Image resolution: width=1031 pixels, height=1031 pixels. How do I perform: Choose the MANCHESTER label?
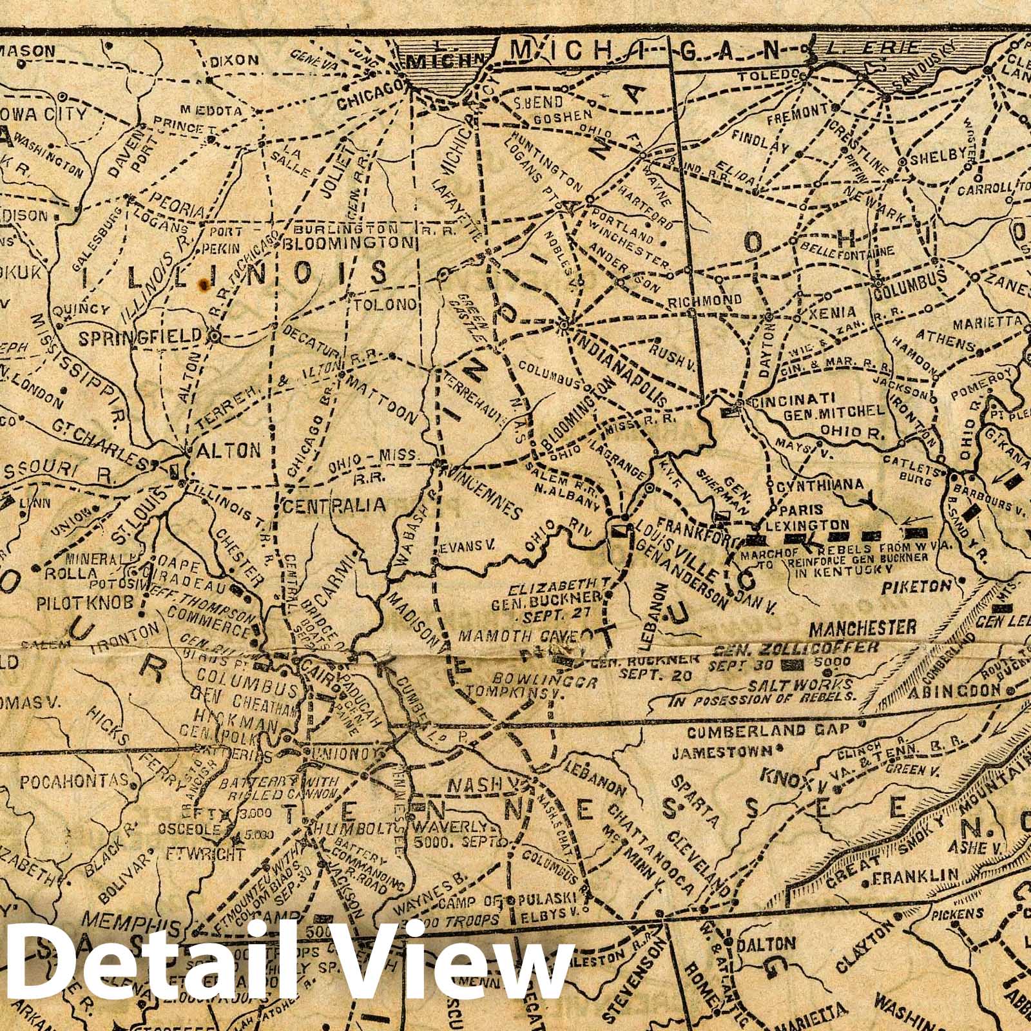863,627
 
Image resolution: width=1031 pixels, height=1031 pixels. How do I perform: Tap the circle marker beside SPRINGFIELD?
215,336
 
